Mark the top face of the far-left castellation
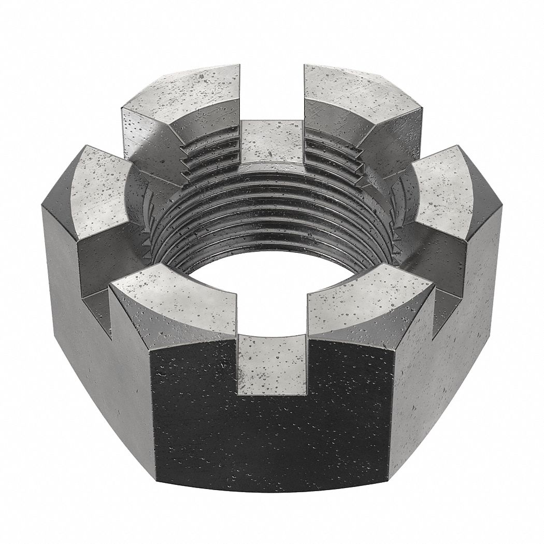101,184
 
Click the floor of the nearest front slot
271,363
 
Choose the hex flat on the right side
456,352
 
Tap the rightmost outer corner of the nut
502,218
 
